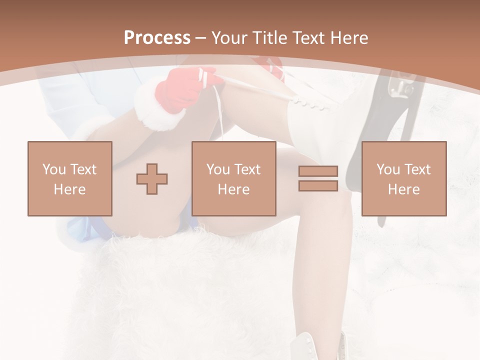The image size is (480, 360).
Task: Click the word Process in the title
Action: [x=157, y=38]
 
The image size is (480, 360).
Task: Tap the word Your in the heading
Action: [x=229, y=38]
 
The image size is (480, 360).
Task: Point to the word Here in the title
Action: [x=348, y=38]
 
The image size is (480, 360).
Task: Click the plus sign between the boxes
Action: [x=152, y=179]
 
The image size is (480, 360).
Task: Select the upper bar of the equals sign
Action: [x=318, y=171]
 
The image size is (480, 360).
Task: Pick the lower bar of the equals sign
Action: [x=318, y=185]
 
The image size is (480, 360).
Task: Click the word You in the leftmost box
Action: [x=53, y=169]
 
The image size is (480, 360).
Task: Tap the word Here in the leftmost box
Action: [x=69, y=189]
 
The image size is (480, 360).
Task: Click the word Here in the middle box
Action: [x=233, y=189]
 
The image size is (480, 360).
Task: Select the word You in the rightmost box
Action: [x=388, y=169]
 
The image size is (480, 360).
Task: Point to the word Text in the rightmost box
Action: [x=417, y=169]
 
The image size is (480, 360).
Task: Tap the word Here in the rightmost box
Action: [x=403, y=189]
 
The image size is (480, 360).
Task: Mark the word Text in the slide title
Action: [x=305, y=38]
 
